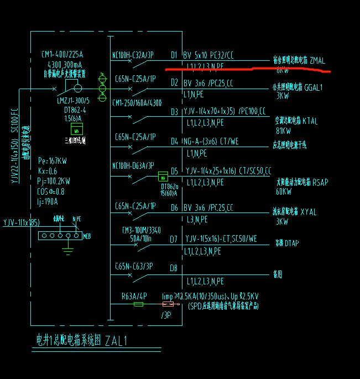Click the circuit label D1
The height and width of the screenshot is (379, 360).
[174, 55]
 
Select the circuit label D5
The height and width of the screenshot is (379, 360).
[174, 171]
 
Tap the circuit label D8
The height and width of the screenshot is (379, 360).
[174, 268]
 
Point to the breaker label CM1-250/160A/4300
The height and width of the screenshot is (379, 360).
[137, 103]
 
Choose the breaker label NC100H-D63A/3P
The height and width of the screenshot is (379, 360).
[133, 165]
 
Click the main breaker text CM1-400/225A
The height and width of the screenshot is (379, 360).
[62, 54]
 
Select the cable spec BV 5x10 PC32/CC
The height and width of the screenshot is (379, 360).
[208, 55]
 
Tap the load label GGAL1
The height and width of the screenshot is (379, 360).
[313, 87]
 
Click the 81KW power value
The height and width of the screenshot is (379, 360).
[283, 131]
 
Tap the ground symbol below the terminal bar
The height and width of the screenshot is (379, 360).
[68, 252]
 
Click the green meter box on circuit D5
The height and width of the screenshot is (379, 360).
[163, 176]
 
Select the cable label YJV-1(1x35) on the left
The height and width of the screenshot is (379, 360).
[21, 222]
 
